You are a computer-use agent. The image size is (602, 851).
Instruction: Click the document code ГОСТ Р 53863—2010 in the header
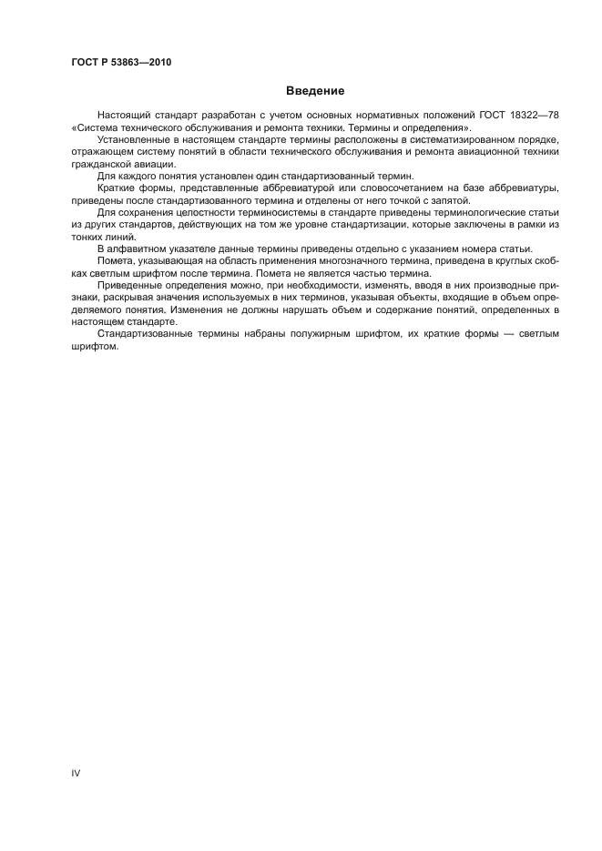pos(120,62)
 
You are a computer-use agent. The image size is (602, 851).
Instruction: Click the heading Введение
pos(315,91)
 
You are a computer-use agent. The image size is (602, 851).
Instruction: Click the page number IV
pos(76,772)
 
